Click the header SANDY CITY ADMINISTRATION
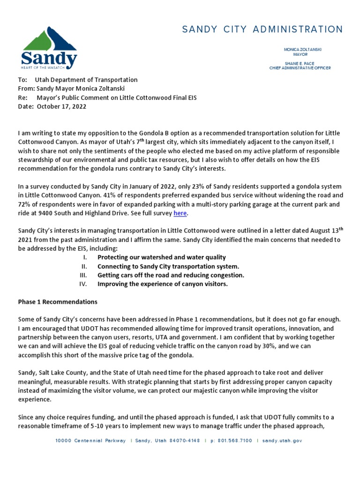click(x=262, y=30)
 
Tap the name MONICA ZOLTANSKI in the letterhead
click(x=302, y=49)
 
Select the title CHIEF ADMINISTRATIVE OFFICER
click(x=300, y=68)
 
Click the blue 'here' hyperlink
click(x=180, y=213)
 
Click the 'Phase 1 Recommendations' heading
click(x=58, y=301)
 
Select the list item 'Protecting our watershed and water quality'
click(x=161, y=257)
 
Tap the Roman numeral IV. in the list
click(x=83, y=284)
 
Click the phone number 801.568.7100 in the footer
click(x=234, y=441)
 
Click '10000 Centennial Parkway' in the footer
click(x=90, y=441)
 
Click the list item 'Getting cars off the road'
click(x=171, y=275)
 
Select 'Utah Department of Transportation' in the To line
click(x=86, y=80)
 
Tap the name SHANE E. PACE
click(x=300, y=63)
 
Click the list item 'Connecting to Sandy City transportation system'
click(x=168, y=266)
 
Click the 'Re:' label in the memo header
click(x=22, y=97)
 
